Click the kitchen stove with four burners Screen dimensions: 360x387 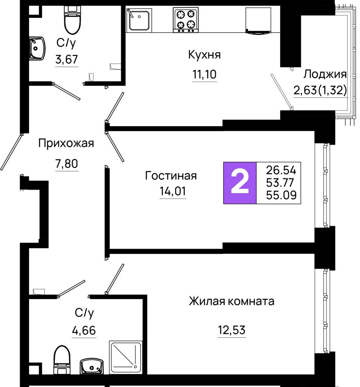click(x=186, y=20)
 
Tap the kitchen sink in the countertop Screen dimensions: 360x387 click(x=139, y=20)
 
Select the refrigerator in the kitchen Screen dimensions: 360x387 click(x=258, y=20)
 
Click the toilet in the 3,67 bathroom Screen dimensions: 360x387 click(x=72, y=20)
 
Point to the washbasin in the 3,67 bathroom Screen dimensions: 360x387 click(x=37, y=48)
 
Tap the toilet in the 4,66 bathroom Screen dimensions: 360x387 click(x=62, y=360)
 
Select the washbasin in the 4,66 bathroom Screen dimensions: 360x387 click(x=92, y=366)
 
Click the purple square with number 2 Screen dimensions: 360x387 click(x=240, y=183)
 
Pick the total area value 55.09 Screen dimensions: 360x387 click(x=281, y=195)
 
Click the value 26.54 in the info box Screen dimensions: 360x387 click(x=281, y=170)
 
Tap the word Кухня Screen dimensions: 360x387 click(x=204, y=55)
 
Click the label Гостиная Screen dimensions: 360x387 click(x=171, y=176)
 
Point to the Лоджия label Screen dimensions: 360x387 click(x=325, y=74)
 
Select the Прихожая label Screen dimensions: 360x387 click(x=66, y=143)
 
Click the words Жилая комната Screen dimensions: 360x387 click(x=231, y=301)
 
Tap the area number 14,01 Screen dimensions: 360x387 click(x=173, y=191)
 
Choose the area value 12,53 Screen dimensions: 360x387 click(x=231, y=330)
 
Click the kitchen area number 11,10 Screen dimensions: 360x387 click(x=204, y=74)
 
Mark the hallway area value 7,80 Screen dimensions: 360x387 click(x=67, y=163)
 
